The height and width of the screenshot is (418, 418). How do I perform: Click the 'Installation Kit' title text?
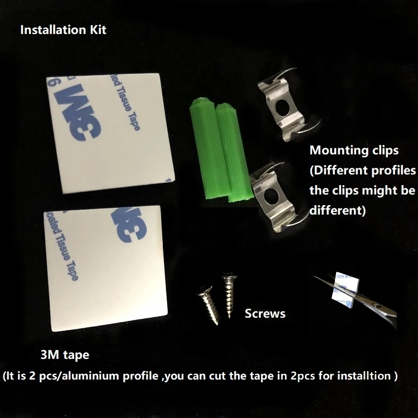click(63, 30)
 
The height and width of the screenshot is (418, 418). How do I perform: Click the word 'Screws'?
click(265, 314)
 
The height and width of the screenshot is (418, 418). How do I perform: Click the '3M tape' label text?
click(65, 354)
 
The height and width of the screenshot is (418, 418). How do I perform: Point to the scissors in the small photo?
click(368, 301)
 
